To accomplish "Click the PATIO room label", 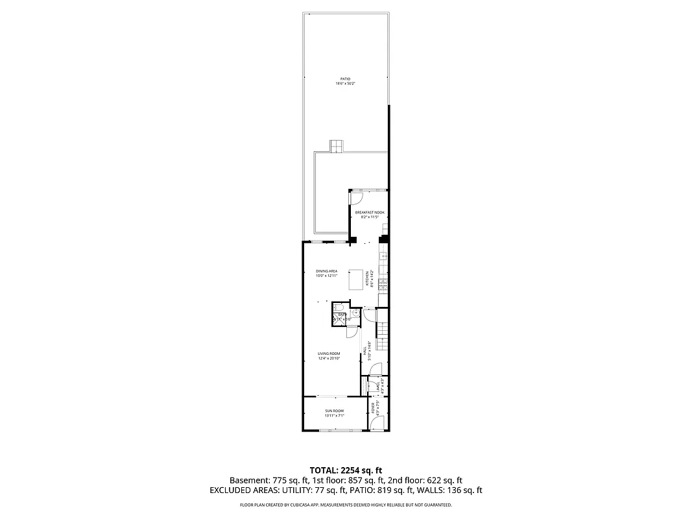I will click(x=345, y=79).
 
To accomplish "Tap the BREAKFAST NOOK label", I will click(x=369, y=212).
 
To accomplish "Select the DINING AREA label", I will click(x=326, y=271).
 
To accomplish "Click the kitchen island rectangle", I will click(x=356, y=280).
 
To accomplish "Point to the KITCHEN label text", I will click(x=367, y=279).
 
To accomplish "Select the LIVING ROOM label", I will click(x=329, y=354).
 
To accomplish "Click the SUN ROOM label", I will click(x=334, y=411).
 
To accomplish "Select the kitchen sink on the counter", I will click(x=383, y=257).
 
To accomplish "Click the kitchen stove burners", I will click(x=383, y=283).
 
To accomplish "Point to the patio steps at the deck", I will click(x=335, y=147).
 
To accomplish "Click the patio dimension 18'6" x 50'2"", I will click(x=345, y=84).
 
